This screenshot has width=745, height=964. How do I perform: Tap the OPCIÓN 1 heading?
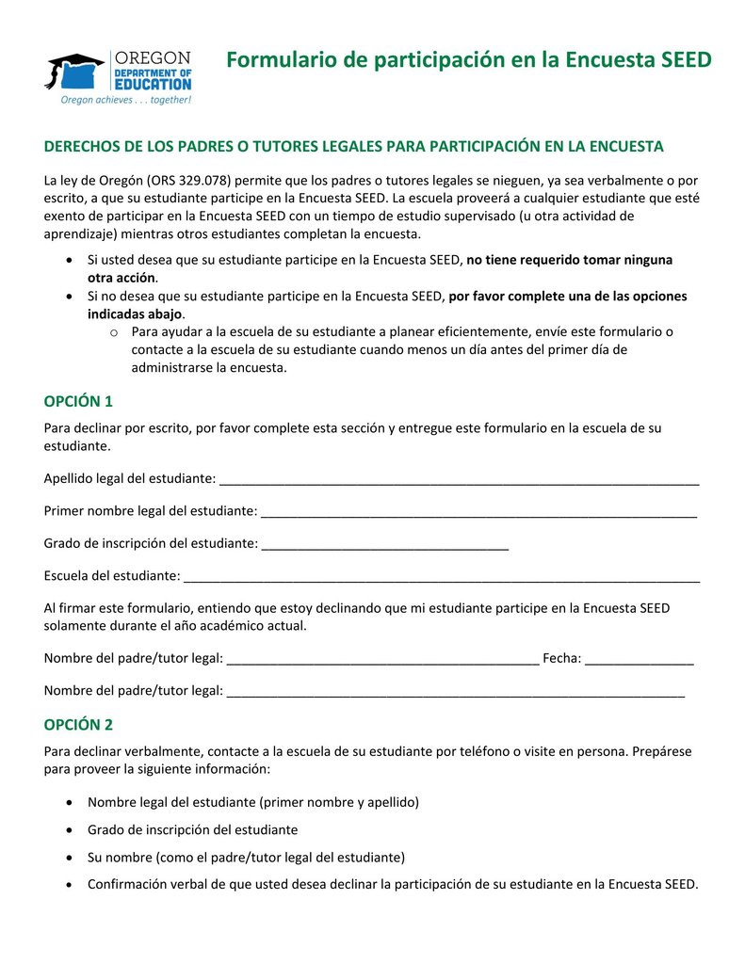pos(78,401)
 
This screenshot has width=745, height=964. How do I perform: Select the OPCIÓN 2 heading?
pos(78,725)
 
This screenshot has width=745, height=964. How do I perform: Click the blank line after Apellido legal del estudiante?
pos(459,479)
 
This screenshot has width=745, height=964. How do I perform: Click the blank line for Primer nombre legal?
pos(478,511)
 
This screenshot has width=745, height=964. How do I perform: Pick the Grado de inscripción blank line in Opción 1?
pos(384,543)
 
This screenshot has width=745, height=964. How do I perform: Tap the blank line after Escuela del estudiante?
pos(441,575)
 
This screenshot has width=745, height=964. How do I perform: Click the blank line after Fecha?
pos(640,658)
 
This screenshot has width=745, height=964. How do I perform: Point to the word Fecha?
pos(561,658)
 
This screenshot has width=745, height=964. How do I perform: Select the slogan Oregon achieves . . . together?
pos(126,100)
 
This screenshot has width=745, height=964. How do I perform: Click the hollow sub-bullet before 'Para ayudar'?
pos(113,332)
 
